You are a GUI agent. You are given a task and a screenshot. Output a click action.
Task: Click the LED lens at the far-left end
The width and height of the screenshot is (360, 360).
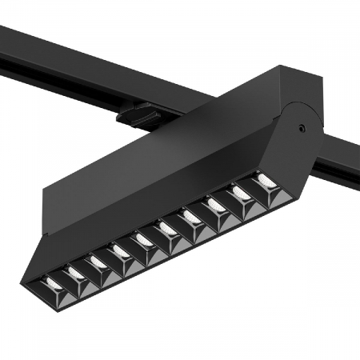[x=52, y=282]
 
